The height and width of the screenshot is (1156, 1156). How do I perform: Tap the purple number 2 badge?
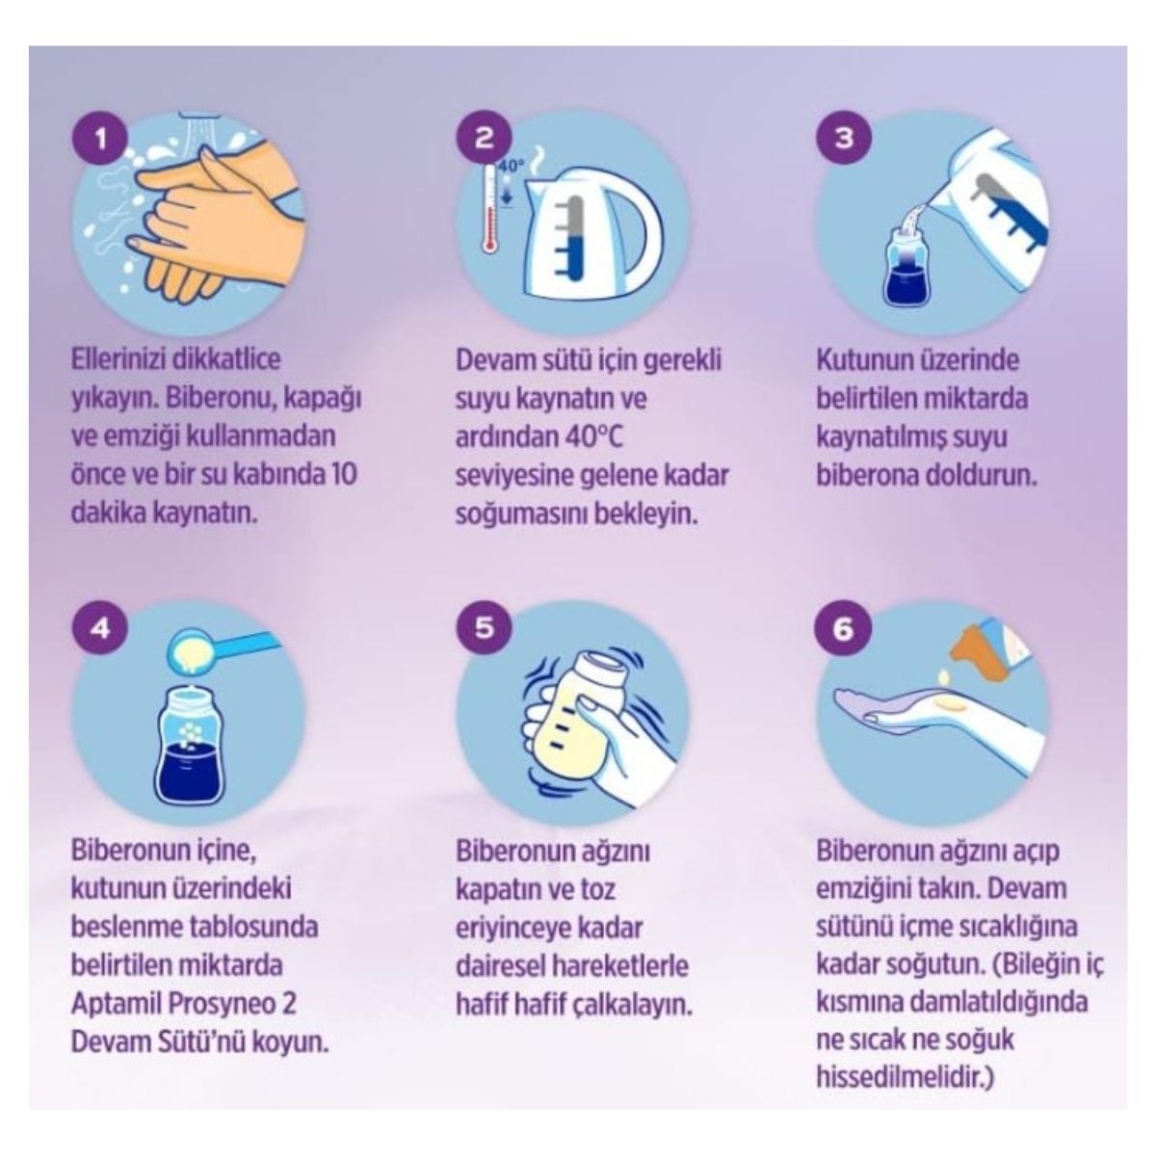484,139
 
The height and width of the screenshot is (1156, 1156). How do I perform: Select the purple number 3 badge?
844,139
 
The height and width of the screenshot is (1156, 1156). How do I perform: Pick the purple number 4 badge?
100,629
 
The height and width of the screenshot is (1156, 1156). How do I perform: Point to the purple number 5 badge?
484,628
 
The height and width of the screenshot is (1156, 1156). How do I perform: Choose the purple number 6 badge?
843,629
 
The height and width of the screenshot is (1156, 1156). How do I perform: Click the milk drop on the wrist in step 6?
949,708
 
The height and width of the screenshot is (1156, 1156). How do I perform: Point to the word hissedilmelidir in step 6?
898,1077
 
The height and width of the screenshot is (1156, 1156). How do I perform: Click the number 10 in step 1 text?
344,475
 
